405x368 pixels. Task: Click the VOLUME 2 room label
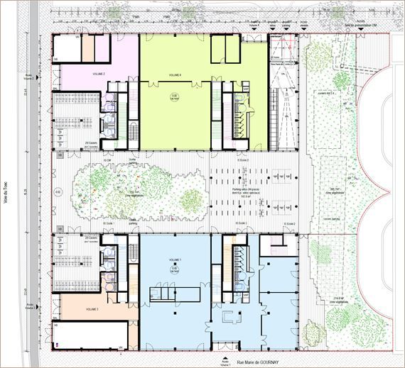pyautogui.click(x=99, y=74)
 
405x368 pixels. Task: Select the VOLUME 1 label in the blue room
pyautogui.click(x=175, y=262)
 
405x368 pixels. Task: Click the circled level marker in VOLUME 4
pyautogui.click(x=175, y=96)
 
